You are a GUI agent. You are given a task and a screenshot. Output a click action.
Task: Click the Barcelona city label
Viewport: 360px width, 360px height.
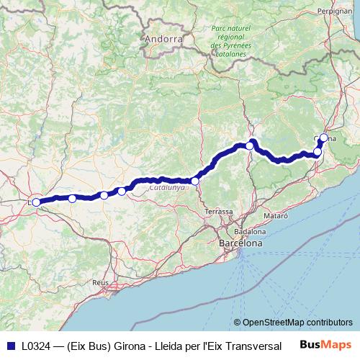click(240, 244)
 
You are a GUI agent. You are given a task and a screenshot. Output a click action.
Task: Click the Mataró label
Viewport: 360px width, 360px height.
click(276, 216)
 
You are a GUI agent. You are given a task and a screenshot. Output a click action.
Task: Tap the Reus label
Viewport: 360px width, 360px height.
click(100, 283)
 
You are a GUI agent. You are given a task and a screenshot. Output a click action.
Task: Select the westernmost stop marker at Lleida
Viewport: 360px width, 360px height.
click(37, 202)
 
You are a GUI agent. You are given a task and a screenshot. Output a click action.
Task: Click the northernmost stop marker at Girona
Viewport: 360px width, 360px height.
click(324, 138)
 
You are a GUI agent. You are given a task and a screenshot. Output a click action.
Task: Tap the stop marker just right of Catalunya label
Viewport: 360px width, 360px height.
click(195, 181)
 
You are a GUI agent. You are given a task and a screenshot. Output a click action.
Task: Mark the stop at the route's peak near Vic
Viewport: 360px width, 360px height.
click(250, 145)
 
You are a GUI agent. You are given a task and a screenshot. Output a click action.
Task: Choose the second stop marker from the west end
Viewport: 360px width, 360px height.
click(72, 198)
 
